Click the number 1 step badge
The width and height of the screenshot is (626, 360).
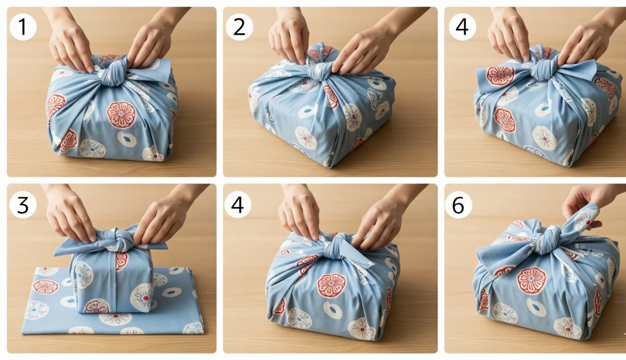pos(23,27)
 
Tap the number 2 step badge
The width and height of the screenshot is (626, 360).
pos(239,27)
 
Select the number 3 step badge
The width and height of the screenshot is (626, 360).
pos(23,205)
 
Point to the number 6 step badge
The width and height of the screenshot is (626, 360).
pos(458,205)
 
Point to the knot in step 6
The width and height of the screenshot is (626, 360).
pos(547,239)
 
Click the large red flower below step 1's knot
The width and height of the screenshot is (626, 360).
pos(121,115)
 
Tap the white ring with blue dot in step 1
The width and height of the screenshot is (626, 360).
pos(127,140)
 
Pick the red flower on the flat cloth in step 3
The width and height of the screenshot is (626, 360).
pos(46,287)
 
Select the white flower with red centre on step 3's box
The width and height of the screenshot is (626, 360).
pos(142,294)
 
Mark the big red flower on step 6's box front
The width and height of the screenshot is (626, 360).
pos(532,280)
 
